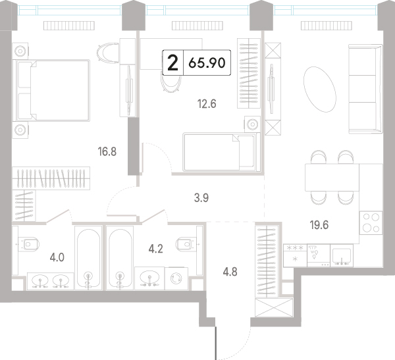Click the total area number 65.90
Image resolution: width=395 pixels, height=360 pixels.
pos(207,63)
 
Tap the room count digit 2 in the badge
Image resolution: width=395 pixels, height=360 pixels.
pos(172,63)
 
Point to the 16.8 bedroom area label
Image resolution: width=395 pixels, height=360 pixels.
pos(107,152)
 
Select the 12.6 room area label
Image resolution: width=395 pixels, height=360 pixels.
pos(207,104)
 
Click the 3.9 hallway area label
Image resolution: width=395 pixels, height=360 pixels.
pos(201,198)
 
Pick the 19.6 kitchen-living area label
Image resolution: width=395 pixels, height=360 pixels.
pos(319,225)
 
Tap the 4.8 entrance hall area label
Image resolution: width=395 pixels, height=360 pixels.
pos(230,272)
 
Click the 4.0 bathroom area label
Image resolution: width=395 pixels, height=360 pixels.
pos(57,258)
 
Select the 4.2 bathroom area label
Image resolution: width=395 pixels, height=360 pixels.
pos(155,249)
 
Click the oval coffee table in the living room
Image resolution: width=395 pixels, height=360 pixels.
pos(320,90)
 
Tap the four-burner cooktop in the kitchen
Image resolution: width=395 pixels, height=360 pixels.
pos(371,223)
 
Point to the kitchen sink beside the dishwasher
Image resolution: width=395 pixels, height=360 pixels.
pos(342,255)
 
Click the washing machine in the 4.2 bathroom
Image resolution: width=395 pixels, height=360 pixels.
pos(176,278)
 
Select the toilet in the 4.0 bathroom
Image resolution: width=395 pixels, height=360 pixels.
pos(29,244)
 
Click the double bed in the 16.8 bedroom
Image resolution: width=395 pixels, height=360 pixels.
pos(53,90)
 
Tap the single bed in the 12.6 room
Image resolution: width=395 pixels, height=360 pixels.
pos(222,152)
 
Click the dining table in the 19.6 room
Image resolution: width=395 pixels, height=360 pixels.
pos(332,177)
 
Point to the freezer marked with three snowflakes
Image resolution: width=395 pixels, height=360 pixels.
pos(295,255)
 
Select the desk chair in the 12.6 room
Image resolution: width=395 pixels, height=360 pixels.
pos(171,82)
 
